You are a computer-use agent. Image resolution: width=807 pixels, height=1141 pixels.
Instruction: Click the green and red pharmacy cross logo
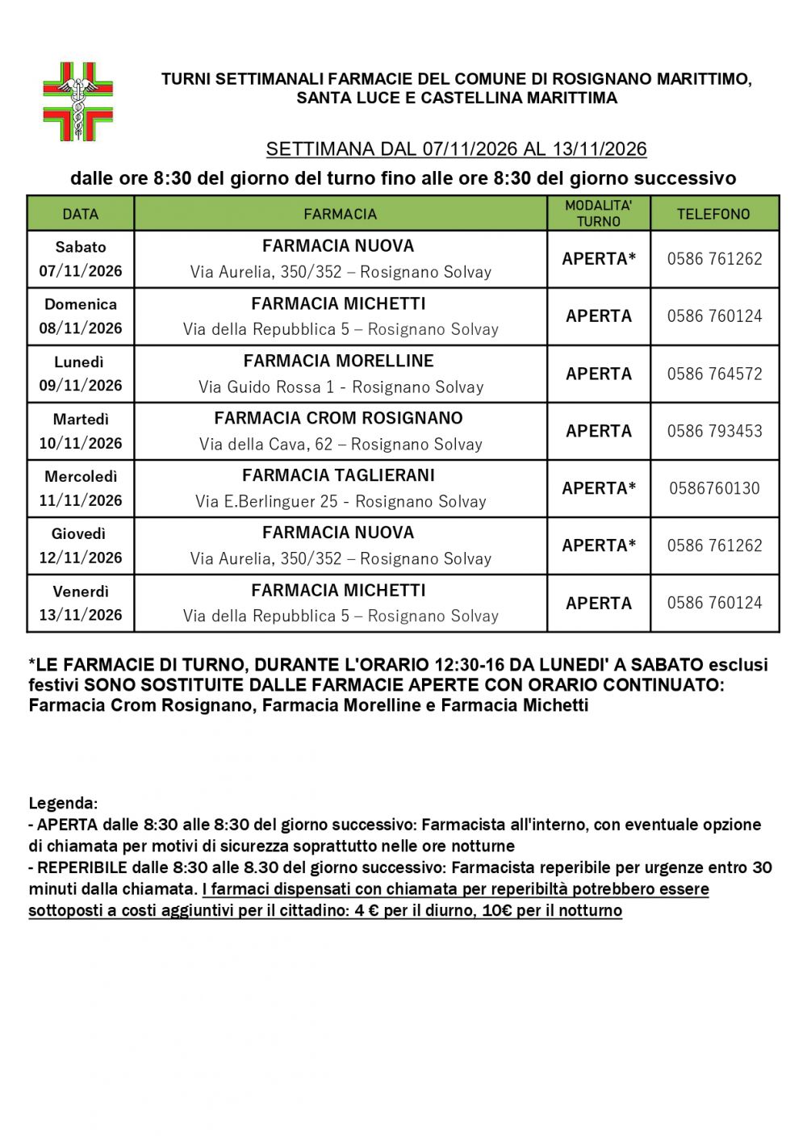(x=77, y=102)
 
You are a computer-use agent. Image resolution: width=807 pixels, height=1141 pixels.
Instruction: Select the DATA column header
(x=81, y=214)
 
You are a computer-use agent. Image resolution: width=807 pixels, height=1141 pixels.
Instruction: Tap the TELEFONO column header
(x=713, y=214)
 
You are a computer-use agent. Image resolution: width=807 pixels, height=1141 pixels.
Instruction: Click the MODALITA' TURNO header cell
(x=599, y=214)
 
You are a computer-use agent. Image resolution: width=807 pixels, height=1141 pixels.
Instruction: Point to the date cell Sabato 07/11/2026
(x=81, y=259)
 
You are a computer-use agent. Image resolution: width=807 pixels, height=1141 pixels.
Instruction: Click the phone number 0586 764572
(x=714, y=374)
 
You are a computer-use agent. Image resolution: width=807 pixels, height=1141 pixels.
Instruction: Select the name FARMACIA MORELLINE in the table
(x=339, y=361)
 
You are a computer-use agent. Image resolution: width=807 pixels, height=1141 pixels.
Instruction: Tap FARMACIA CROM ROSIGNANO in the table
(x=339, y=418)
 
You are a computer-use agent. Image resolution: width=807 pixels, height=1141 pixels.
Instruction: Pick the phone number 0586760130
(x=714, y=488)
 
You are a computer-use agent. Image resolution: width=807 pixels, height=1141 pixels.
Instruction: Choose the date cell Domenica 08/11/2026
(x=81, y=316)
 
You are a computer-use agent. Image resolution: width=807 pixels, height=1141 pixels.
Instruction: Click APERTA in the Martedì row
(x=599, y=431)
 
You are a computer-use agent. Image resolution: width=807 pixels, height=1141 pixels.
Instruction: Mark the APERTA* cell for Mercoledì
(x=599, y=488)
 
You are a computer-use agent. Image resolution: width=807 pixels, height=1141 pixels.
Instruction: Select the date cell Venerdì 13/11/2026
(x=81, y=603)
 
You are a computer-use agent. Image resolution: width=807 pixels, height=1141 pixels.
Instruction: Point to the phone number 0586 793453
(x=714, y=431)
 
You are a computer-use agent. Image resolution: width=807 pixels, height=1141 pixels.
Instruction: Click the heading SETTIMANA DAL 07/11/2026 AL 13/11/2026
(x=456, y=149)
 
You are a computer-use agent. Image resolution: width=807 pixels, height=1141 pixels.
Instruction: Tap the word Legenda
(x=63, y=804)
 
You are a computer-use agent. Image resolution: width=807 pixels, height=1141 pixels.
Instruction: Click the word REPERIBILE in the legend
(x=82, y=867)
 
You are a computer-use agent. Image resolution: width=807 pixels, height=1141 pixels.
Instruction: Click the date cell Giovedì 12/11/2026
(x=81, y=545)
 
